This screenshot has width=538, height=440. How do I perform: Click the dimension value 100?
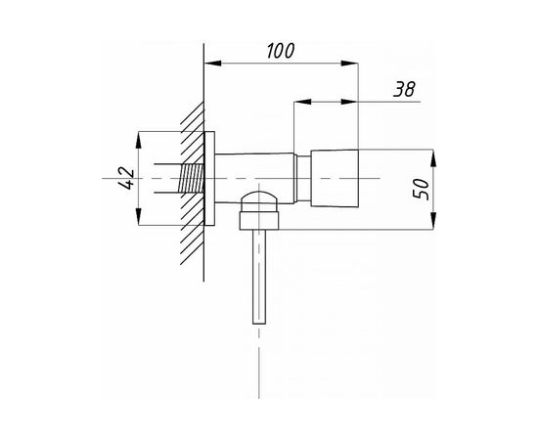point(281,51)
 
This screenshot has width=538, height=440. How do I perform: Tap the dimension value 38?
point(404,89)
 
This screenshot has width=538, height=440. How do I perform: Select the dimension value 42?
point(126,178)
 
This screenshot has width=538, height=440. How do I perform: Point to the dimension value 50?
point(421,189)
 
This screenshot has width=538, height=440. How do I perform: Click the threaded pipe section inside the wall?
point(191,178)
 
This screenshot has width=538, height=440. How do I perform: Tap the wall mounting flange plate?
point(209,178)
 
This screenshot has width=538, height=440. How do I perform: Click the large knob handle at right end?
point(335,178)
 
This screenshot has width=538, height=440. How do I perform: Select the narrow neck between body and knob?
point(303,178)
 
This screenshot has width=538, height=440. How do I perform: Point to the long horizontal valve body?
point(254,178)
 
